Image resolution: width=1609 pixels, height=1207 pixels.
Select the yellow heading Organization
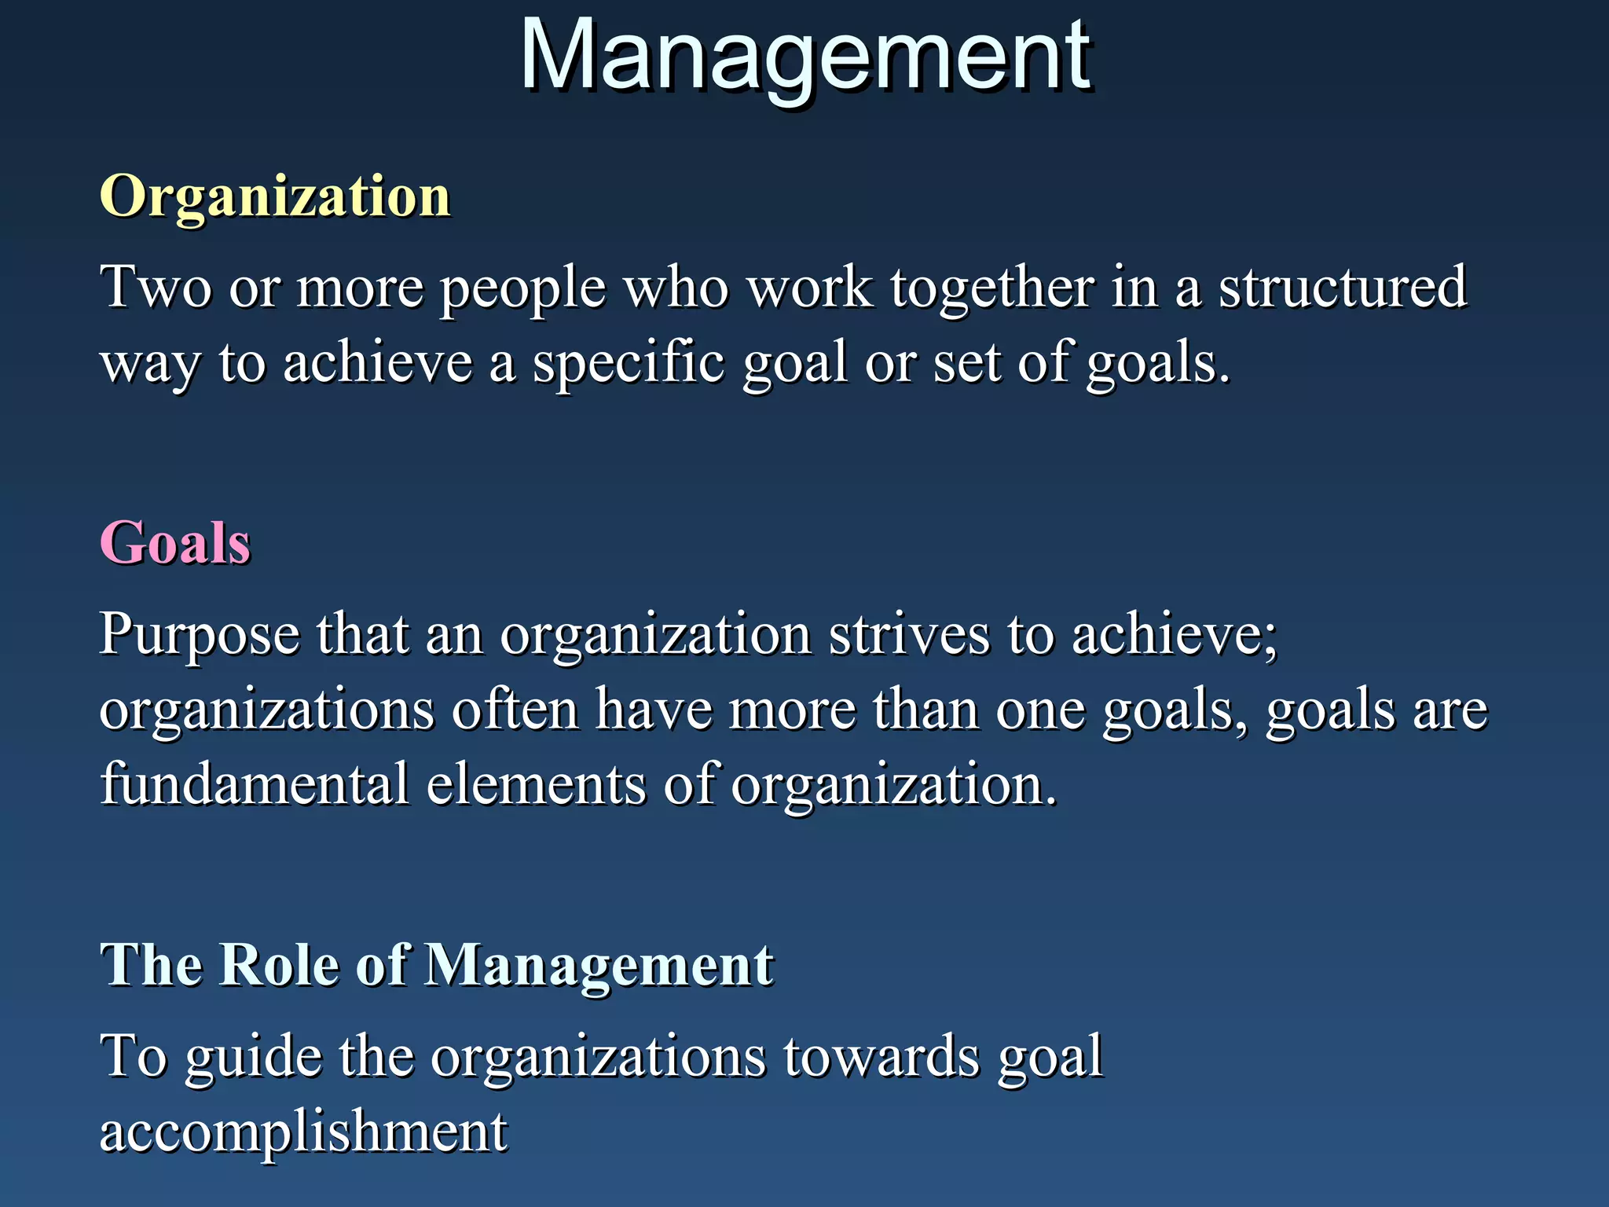coord(275,196)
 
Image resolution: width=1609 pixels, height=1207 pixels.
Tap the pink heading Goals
coord(175,543)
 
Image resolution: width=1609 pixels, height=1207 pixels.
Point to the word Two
coord(156,288)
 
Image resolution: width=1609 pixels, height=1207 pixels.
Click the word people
coord(522,289)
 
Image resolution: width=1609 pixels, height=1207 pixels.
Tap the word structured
coord(1342,288)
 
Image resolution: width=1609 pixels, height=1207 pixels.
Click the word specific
coord(629,364)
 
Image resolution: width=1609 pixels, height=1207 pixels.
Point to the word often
coord(515,709)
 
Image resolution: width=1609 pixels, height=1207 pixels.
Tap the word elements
coord(536,784)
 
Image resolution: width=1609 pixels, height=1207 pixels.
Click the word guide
coord(254,1058)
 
